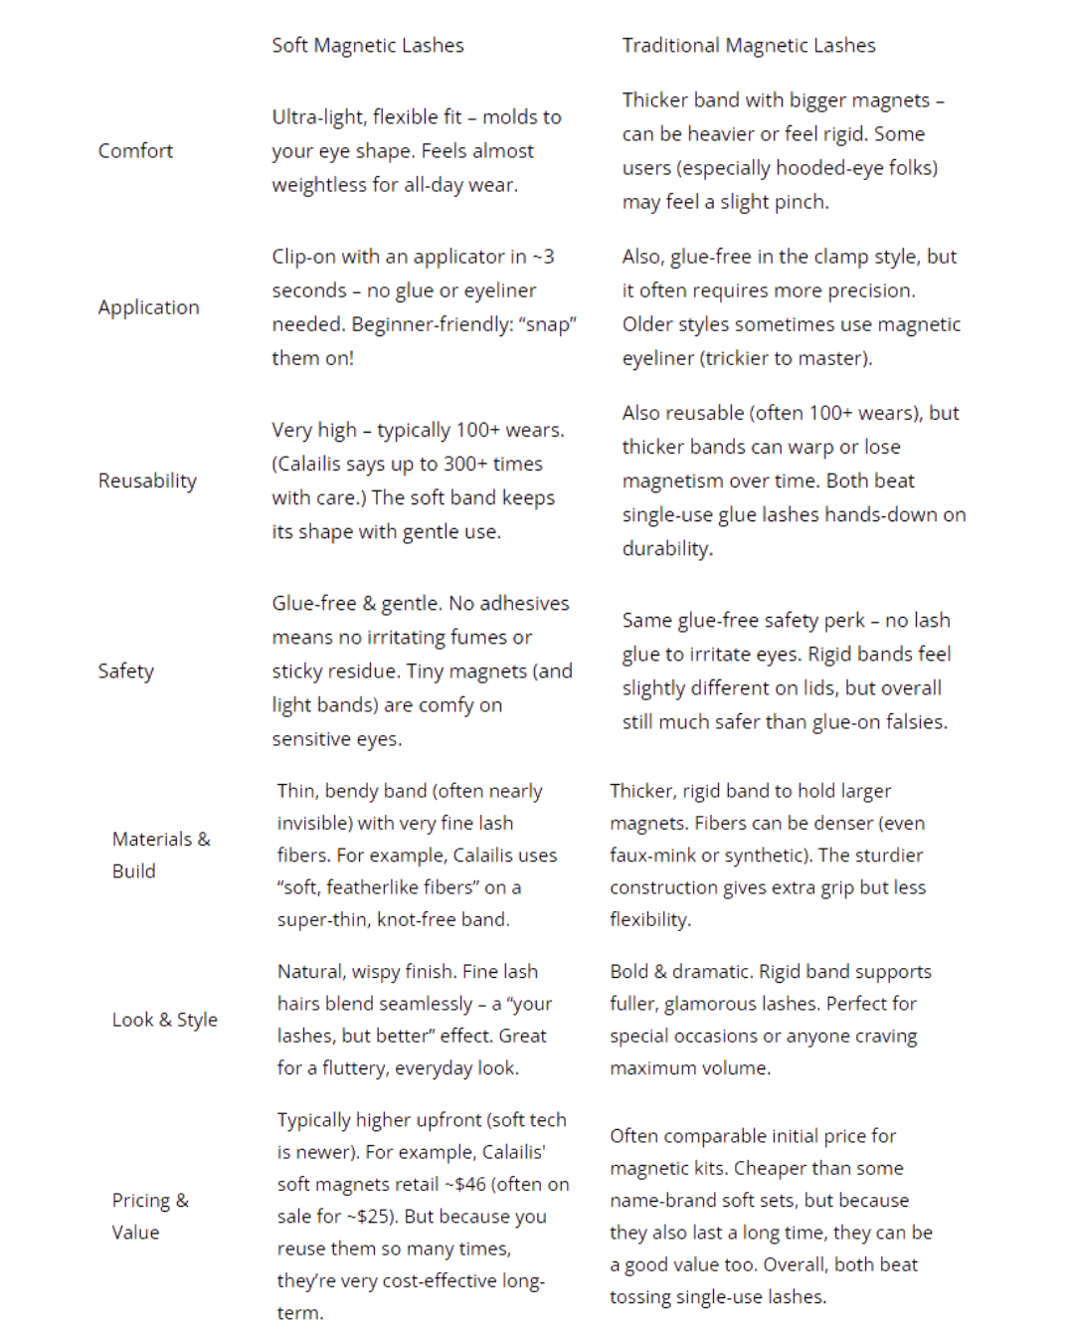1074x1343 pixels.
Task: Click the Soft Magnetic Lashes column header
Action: tap(368, 46)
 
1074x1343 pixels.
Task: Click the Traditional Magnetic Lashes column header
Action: tap(749, 46)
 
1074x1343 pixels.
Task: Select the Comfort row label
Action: tap(135, 151)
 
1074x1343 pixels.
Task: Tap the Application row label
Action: tap(148, 307)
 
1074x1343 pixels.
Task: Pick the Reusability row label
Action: tap(147, 481)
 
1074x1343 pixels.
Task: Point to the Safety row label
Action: tap(125, 671)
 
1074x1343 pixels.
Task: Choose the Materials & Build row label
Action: tap(161, 855)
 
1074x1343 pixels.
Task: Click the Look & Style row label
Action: tap(164, 1020)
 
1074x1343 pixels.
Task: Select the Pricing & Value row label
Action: tap(150, 1216)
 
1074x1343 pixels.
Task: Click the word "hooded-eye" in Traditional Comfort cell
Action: tap(830, 168)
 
